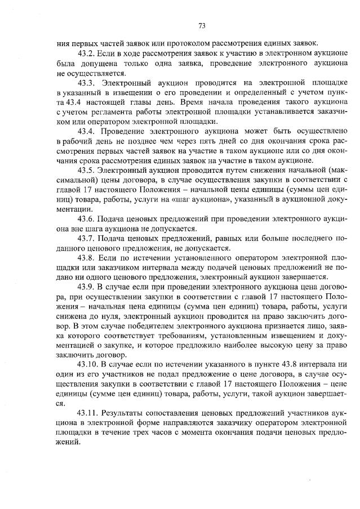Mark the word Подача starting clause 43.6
pyautogui.click(x=110, y=219)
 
